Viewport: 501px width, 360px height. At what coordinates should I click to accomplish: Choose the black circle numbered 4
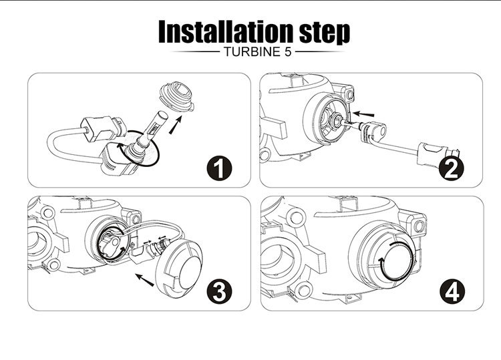[452, 292]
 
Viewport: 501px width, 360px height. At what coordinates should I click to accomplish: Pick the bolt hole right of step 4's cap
[420, 227]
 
